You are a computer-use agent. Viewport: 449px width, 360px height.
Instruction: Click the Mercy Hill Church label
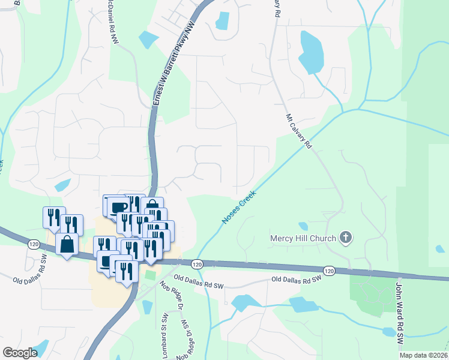pyautogui.click(x=303, y=238)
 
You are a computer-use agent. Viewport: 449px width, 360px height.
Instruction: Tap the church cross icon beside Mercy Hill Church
pyautogui.click(x=345, y=238)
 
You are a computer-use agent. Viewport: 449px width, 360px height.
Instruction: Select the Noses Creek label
pyautogui.click(x=239, y=208)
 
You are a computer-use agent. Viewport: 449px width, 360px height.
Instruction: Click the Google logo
pyautogui.click(x=20, y=353)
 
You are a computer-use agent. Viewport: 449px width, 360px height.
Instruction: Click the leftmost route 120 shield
pyautogui.click(x=34, y=244)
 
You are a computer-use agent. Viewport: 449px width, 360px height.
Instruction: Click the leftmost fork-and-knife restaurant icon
pyautogui.click(x=53, y=216)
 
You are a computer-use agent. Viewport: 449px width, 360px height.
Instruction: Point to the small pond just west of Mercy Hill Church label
pyautogui.click(x=303, y=226)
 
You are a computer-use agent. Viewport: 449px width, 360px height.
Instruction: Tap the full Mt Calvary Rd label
pyautogui.click(x=299, y=131)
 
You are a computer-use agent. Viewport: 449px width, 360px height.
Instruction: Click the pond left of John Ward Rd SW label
pyautogui.click(x=389, y=331)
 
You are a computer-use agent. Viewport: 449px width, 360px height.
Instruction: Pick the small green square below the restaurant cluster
pyautogui.click(x=150, y=275)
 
